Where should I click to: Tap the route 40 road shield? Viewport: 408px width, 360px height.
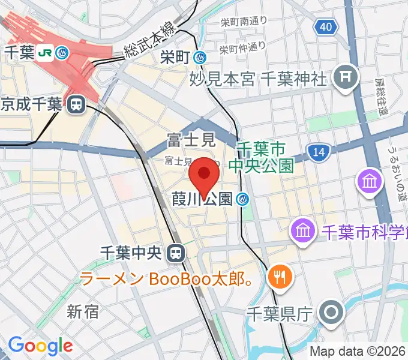325,26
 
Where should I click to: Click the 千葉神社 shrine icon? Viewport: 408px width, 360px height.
346,77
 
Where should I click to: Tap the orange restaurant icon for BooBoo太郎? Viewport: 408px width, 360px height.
280,277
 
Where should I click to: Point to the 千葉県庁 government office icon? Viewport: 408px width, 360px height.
330,313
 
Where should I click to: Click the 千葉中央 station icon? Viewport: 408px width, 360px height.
175,253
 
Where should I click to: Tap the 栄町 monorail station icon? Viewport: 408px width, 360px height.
200,58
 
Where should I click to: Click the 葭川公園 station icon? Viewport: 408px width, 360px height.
243,199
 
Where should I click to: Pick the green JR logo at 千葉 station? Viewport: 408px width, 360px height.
44,53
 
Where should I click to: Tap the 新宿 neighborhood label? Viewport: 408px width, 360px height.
83,311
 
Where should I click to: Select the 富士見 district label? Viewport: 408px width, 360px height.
191,141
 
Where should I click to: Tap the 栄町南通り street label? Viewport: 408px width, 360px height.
242,22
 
